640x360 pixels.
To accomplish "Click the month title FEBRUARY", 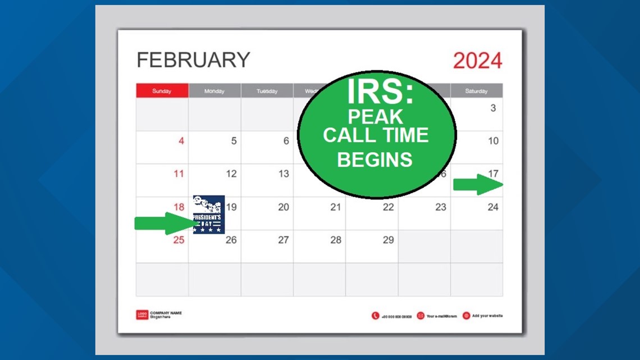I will click(x=193, y=60).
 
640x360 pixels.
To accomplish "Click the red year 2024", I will click(x=477, y=61).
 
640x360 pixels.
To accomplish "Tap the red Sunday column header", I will click(x=162, y=91).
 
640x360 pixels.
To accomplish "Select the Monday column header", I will click(x=214, y=91).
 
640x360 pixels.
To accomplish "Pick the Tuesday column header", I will click(x=267, y=91).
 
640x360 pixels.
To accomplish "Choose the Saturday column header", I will click(x=476, y=91).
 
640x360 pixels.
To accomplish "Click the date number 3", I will click(x=493, y=108).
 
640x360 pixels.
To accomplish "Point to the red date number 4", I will click(x=181, y=141).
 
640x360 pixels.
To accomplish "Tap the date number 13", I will click(x=284, y=174).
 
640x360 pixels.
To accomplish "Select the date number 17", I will click(x=493, y=174).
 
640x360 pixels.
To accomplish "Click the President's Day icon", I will click(x=209, y=215).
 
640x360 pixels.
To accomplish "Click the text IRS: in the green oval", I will click(x=380, y=94).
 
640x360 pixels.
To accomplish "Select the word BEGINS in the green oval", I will click(x=374, y=160).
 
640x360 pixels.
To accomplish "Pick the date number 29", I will click(x=388, y=240).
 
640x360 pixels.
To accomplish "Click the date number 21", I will click(x=335, y=207).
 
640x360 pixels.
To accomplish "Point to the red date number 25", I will click(x=179, y=240).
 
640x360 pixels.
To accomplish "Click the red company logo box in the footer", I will click(x=142, y=315).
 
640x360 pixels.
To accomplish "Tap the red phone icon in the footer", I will click(x=375, y=316).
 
